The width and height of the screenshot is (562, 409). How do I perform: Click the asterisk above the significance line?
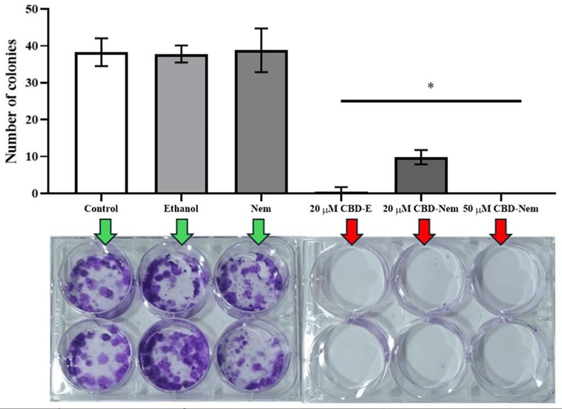(x=430, y=86)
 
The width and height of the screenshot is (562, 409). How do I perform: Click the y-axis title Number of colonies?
(x=12, y=101)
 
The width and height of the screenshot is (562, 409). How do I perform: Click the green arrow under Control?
(x=104, y=230)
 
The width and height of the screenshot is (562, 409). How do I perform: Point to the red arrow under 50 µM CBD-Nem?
(x=501, y=230)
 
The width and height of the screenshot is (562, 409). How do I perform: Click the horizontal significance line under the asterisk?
(x=430, y=101)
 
